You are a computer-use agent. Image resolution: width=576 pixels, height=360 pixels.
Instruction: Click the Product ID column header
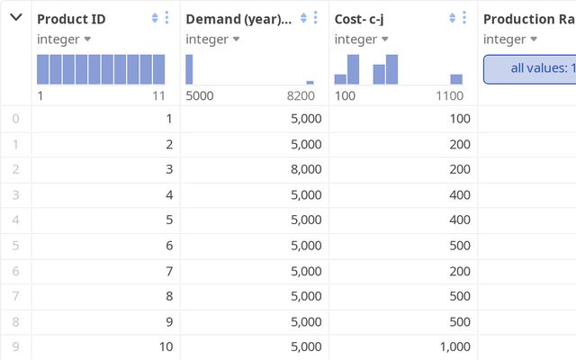pos(71,19)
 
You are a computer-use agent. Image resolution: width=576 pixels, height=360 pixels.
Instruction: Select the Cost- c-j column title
pos(359,20)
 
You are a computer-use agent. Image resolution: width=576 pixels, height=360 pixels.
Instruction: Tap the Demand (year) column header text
pos(238,20)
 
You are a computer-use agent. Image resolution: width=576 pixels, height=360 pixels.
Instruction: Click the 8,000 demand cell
pos(306,169)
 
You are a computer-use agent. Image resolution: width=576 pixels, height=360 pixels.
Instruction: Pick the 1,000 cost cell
pos(455,346)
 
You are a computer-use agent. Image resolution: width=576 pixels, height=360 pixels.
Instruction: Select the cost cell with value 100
pos(460,119)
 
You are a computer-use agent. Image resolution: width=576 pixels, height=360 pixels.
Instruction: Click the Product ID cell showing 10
pos(166,346)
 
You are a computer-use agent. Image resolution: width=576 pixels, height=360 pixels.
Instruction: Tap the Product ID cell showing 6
pos(169,246)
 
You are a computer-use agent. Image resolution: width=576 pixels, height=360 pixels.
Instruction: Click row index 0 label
pos(15,119)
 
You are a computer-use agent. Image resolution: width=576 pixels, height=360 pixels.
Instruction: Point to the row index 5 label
pos(15,246)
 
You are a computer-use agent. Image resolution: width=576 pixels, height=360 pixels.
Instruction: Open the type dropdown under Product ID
pos(64,40)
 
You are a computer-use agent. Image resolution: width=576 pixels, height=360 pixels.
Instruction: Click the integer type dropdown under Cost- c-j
pos(362,40)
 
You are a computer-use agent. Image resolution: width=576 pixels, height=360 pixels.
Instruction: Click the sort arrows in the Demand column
pos(303,18)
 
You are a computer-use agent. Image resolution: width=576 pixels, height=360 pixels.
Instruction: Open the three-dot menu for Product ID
pos(166,18)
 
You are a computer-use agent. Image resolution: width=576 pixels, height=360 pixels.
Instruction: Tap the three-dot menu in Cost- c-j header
pos(464,18)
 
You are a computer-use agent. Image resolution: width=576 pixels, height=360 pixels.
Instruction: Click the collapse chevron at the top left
pos(16,17)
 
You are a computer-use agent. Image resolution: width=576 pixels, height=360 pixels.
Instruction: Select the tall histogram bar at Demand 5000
pos(189,69)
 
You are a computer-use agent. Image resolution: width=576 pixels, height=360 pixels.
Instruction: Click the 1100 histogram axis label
pos(450,96)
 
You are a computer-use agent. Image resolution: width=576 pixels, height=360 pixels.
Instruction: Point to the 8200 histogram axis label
pos(301,96)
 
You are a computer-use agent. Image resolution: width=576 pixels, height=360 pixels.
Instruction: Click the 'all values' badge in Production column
pos(530,69)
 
